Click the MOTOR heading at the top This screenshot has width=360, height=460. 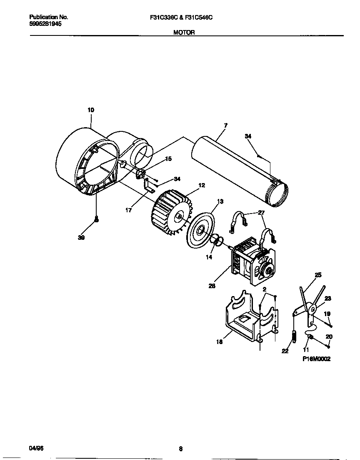point(184,32)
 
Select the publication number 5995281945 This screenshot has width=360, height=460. point(45,24)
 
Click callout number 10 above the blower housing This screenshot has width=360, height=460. point(90,110)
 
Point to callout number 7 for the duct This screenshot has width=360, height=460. point(225,125)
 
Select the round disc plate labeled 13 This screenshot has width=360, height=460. point(200,230)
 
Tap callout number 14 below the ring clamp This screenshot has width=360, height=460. point(209,257)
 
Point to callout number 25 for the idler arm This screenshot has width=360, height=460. point(318,275)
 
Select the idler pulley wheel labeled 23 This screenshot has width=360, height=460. point(312,309)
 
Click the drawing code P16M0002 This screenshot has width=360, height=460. point(316,359)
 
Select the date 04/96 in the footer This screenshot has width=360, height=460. point(36,448)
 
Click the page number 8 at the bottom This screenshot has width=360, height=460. point(180,449)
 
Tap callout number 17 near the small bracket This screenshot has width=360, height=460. point(129,210)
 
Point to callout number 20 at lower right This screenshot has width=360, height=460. point(329,337)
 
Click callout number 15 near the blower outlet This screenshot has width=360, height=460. point(168,158)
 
